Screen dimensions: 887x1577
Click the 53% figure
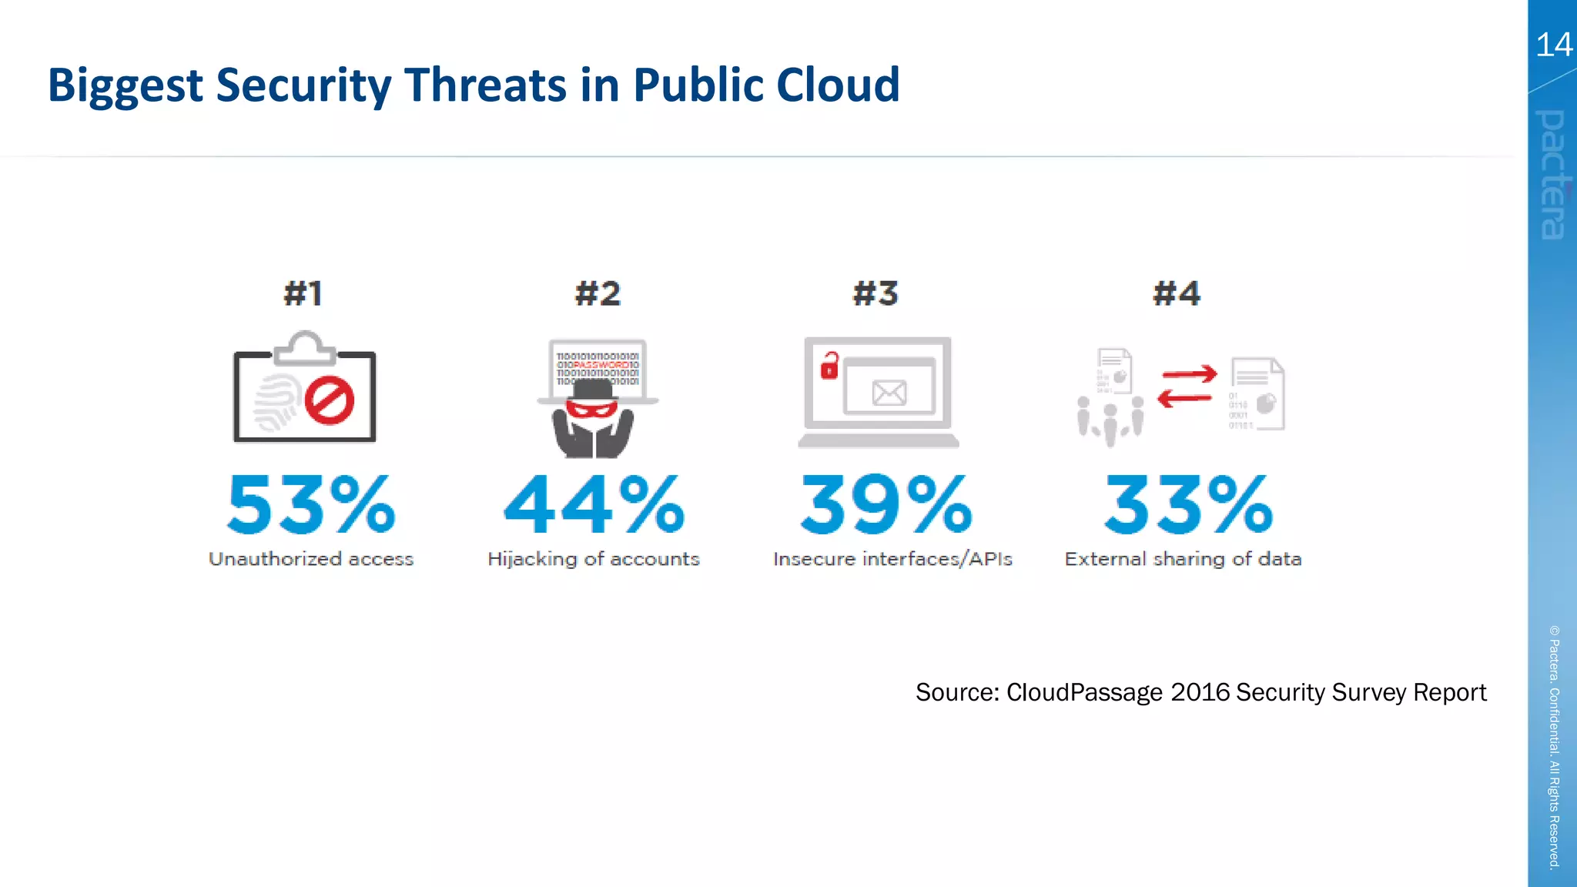[x=311, y=505]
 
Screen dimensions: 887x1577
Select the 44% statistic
[x=594, y=505]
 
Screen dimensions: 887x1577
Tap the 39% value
[x=886, y=505]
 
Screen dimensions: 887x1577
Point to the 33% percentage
[x=1188, y=505]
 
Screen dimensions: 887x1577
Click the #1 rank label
[x=303, y=293]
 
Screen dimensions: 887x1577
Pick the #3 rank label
[x=876, y=293]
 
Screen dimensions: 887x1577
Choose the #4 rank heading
[x=1177, y=293]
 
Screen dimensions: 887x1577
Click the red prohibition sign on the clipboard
[x=330, y=400]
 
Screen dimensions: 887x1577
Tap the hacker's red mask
[x=591, y=408]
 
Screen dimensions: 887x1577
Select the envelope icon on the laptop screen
[x=889, y=393]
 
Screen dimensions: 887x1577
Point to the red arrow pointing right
[x=1190, y=374]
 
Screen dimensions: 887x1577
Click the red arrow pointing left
[x=1184, y=398]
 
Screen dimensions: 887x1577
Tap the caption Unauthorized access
[x=311, y=559]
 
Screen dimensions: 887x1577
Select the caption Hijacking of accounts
[x=594, y=559]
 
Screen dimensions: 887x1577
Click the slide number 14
[x=1553, y=45]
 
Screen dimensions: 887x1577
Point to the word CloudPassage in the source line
[x=1084, y=692]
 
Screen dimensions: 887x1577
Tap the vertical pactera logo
[x=1553, y=175]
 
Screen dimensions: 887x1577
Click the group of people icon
[x=1110, y=420]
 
